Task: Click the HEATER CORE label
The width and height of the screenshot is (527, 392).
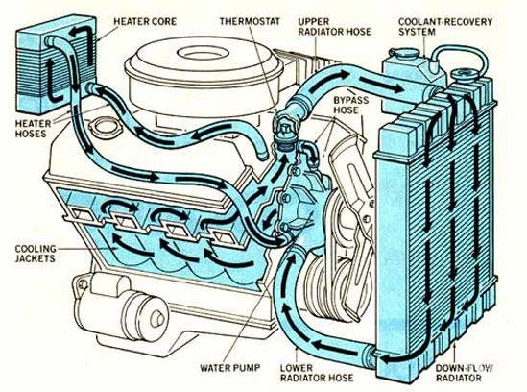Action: tap(145, 21)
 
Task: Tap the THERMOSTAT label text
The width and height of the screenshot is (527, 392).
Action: tap(250, 21)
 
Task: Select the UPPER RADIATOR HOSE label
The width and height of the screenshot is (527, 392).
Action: tap(334, 27)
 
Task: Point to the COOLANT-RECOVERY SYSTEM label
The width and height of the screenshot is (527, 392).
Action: tap(445, 27)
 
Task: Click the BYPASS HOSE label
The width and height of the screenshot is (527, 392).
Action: tap(350, 105)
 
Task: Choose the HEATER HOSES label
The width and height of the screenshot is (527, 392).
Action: tap(33, 129)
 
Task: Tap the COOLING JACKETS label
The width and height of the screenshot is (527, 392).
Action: tap(36, 254)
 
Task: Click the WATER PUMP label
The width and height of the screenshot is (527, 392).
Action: tap(229, 367)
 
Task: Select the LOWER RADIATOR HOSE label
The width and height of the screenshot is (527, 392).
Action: tap(317, 373)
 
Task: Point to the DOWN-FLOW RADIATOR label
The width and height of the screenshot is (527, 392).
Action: tap(464, 373)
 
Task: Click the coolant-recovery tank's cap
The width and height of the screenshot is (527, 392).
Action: tap(404, 53)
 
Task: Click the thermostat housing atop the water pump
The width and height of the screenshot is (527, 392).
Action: tap(285, 132)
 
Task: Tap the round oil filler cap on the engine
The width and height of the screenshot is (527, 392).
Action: tap(105, 126)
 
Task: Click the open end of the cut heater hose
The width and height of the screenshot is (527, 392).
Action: tap(262, 156)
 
